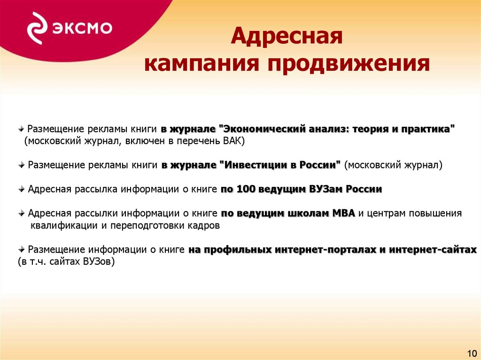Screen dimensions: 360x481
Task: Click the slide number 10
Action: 472,353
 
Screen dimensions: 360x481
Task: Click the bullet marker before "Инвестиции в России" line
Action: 22,165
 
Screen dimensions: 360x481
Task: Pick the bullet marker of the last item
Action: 22,250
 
